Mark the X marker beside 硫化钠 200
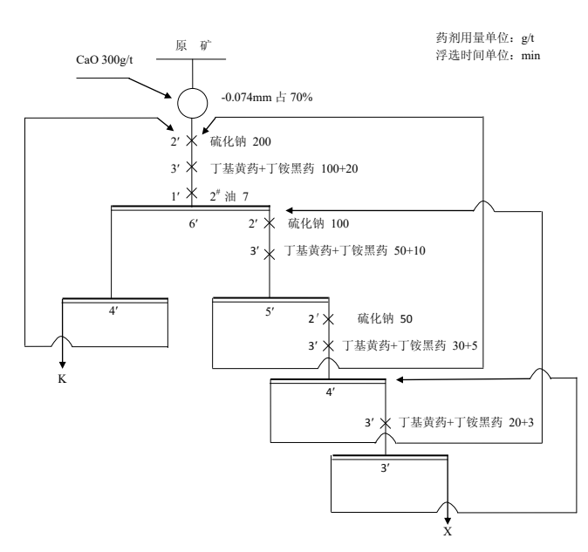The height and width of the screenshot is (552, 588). click(x=191, y=140)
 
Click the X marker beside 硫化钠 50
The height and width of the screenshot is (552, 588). click(x=328, y=320)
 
